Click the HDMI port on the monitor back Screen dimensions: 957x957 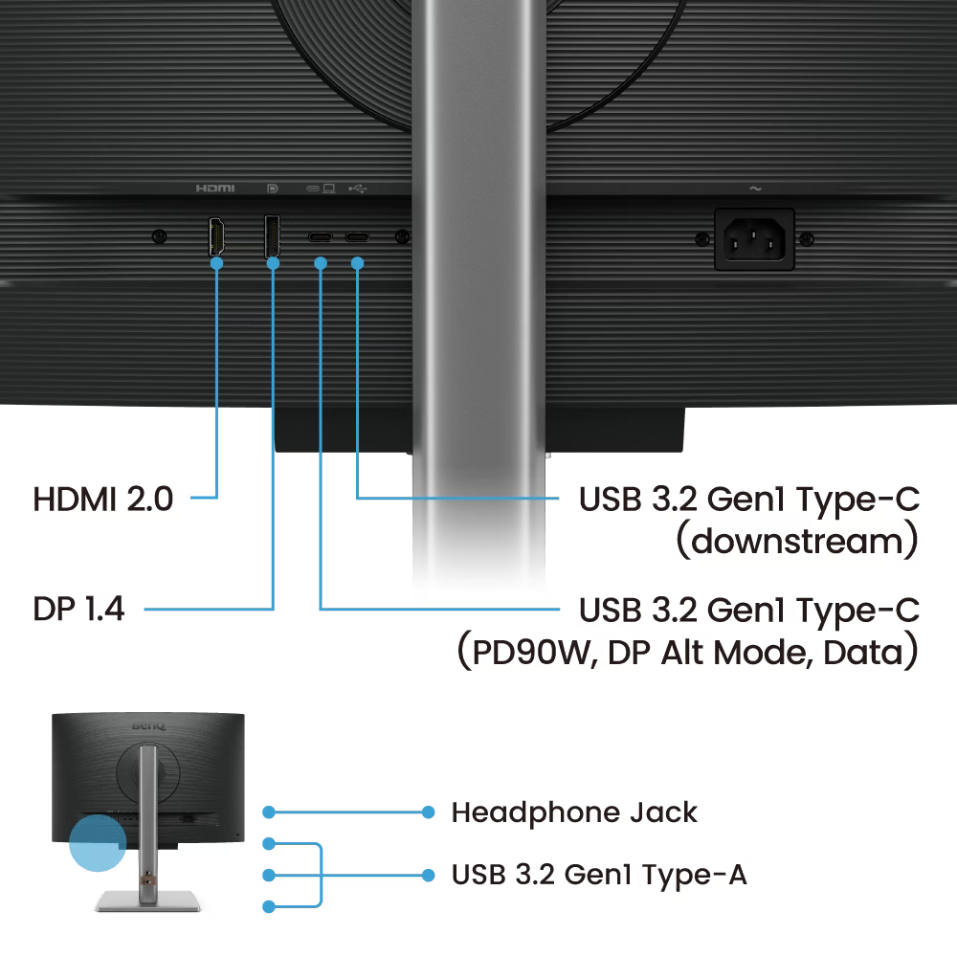pyautogui.click(x=216, y=236)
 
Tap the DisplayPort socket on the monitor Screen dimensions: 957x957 pyautogui.click(x=272, y=235)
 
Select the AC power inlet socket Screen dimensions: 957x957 pyautogui.click(x=754, y=239)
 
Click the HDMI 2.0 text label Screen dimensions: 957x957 pyautogui.click(x=103, y=499)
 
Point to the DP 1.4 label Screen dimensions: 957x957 pyautogui.click(x=78, y=609)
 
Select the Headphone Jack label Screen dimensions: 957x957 pyautogui.click(x=574, y=812)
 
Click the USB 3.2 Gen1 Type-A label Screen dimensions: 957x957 pyautogui.click(x=599, y=875)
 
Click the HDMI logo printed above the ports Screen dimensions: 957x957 pyautogui.click(x=214, y=188)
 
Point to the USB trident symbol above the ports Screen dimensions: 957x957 pyautogui.click(x=358, y=189)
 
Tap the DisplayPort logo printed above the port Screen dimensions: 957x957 pyautogui.click(x=272, y=189)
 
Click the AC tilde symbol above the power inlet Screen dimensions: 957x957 pyautogui.click(x=755, y=189)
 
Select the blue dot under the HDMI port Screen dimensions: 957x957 pyautogui.click(x=216, y=263)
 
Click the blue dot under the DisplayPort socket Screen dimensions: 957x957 pyautogui.click(x=273, y=263)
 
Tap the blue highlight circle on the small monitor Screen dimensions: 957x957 pyautogui.click(x=98, y=843)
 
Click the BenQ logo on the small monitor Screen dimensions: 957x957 pyautogui.click(x=148, y=725)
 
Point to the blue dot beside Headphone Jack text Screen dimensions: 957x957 pyautogui.click(x=429, y=812)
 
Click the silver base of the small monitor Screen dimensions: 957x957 pyautogui.click(x=147, y=901)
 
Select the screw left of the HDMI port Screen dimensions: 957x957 pyautogui.click(x=159, y=236)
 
